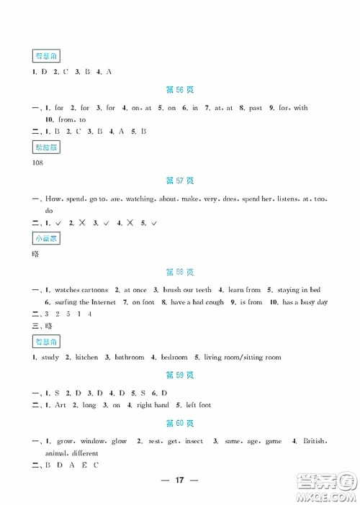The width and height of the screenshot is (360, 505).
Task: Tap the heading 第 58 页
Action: (x=179, y=271)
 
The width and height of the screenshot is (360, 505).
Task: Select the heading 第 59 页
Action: (x=179, y=375)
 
